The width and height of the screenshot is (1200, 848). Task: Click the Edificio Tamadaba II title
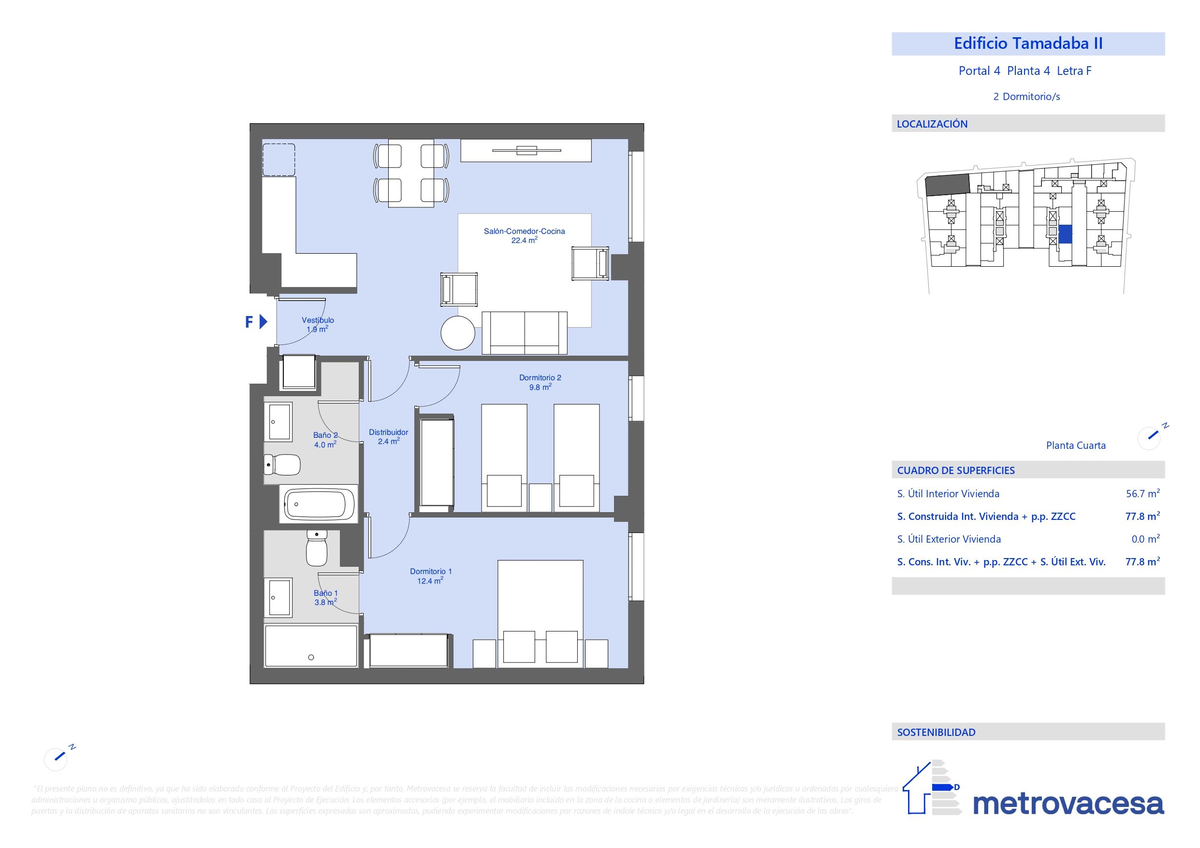click(1027, 43)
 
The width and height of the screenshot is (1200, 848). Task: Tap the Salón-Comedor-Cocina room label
click(524, 231)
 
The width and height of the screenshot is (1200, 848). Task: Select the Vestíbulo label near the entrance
click(318, 320)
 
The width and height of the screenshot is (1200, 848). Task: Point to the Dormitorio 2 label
click(540, 377)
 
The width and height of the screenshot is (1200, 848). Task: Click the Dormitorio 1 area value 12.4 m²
click(430, 581)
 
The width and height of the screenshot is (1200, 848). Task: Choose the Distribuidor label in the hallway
click(388, 432)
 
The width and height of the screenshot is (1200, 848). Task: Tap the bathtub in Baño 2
click(319, 504)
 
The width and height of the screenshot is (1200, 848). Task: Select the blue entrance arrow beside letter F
click(263, 322)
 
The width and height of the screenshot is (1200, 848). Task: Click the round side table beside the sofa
click(457, 333)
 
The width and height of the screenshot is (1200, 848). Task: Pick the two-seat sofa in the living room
click(524, 333)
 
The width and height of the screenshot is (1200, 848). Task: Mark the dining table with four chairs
click(411, 172)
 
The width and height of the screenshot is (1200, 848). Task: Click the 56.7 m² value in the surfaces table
click(1142, 494)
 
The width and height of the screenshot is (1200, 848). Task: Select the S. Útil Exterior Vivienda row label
click(949, 539)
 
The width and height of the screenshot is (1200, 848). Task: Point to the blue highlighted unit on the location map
click(1065, 234)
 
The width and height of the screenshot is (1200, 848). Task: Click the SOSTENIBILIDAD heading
click(936, 732)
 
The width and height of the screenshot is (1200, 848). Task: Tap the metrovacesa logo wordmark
click(1068, 804)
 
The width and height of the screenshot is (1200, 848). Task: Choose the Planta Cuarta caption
click(1076, 446)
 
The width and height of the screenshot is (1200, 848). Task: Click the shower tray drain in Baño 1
click(311, 657)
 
